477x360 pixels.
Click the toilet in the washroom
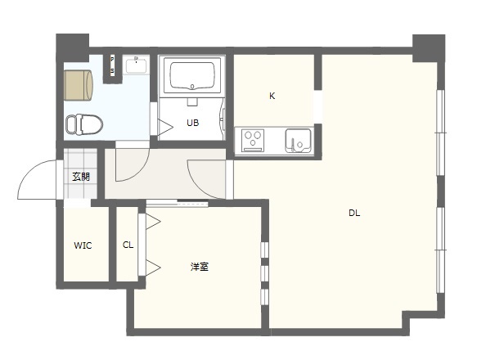(x=84, y=124)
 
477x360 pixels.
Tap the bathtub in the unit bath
(x=192, y=75)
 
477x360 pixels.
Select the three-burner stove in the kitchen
(x=253, y=140)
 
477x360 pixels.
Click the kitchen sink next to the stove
(x=298, y=140)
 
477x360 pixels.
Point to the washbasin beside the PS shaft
(x=137, y=65)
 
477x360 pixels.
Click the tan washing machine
(x=78, y=85)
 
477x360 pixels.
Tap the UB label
(x=192, y=123)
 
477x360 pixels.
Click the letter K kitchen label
(x=272, y=97)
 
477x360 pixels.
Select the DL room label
(x=354, y=214)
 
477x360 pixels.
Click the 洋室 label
(x=200, y=267)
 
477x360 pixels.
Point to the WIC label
(x=83, y=245)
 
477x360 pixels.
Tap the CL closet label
(x=128, y=245)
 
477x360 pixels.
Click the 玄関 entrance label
(x=81, y=177)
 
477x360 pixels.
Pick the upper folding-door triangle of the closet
(x=153, y=221)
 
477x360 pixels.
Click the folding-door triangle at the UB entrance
(x=165, y=127)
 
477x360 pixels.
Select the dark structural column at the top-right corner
(x=429, y=47)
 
